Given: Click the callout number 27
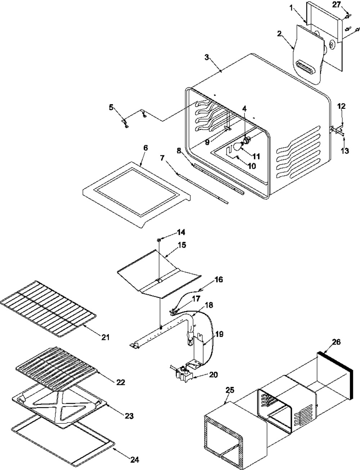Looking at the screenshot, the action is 336,5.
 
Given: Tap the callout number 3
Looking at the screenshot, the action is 207,58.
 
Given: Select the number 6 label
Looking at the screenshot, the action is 145,148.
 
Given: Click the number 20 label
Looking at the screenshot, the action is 213,375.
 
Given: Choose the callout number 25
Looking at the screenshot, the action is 230,390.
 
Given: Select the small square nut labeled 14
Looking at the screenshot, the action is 159,240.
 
